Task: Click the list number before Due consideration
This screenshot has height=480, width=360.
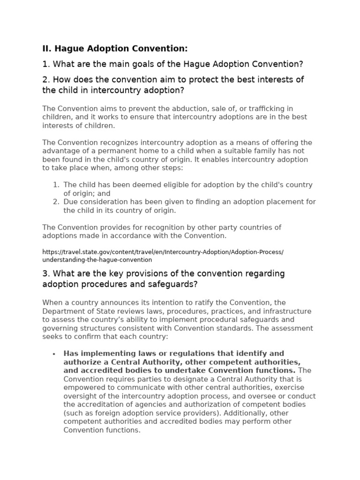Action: click(56, 202)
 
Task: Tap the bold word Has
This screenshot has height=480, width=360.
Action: click(70, 353)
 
